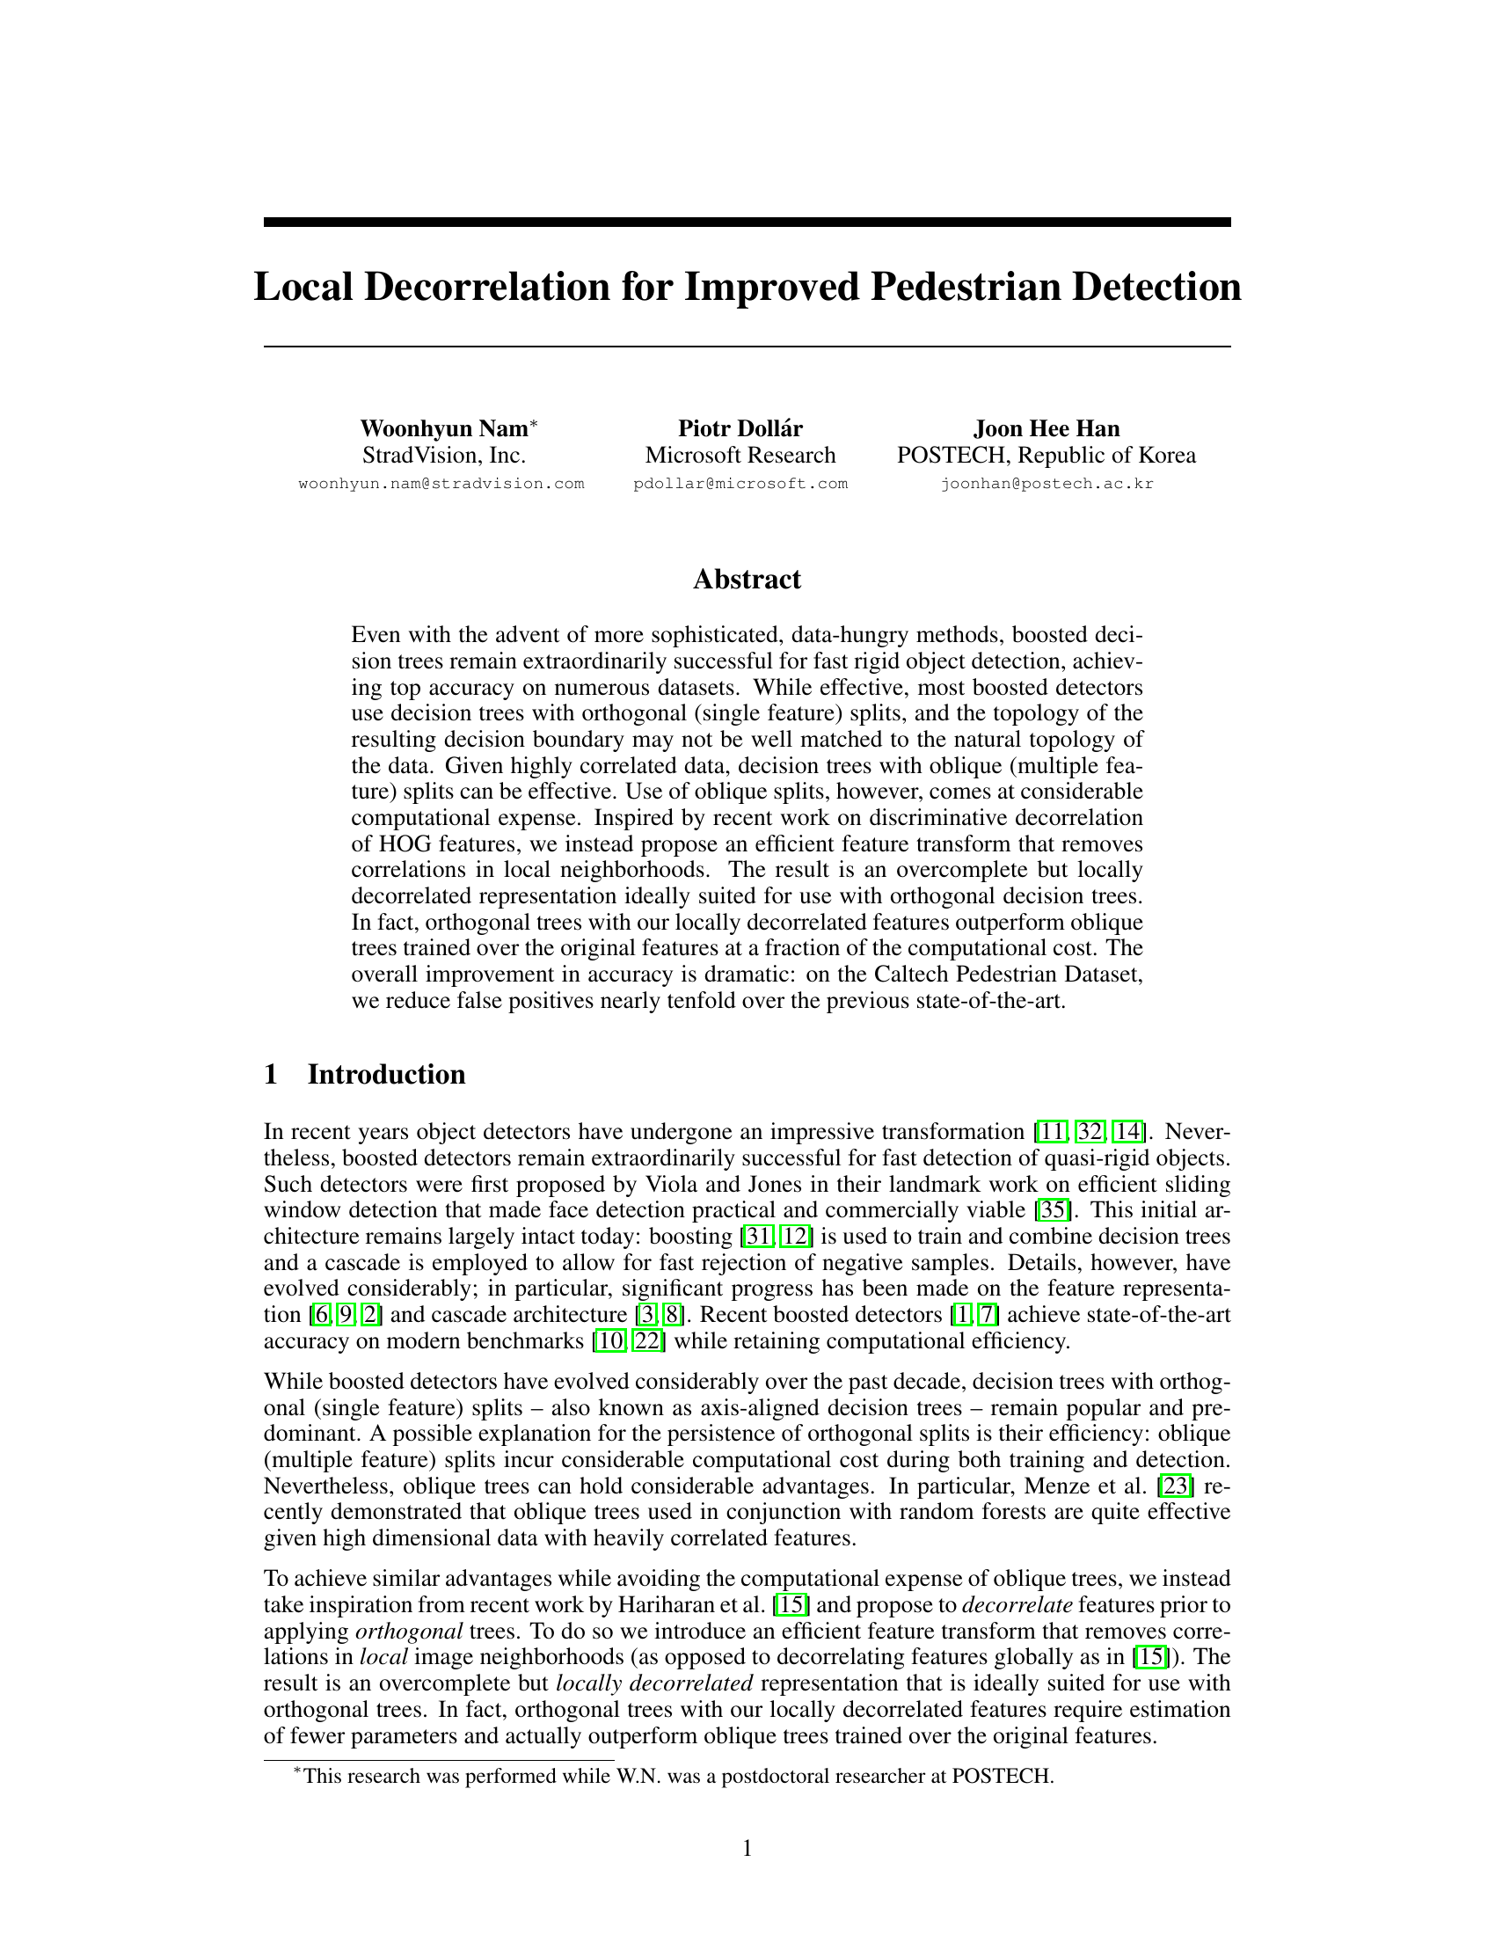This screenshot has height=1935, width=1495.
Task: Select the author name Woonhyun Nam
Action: pyautogui.click(x=443, y=429)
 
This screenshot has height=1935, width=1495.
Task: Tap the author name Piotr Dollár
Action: pyautogui.click(x=740, y=429)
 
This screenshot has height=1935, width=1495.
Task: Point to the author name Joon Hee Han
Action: pyautogui.click(x=1046, y=429)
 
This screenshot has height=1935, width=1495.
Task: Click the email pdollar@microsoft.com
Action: pyautogui.click(x=740, y=484)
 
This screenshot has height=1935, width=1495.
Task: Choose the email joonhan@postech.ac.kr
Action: pyautogui.click(x=1046, y=484)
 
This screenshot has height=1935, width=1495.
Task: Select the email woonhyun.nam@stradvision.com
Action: pyautogui.click(x=441, y=484)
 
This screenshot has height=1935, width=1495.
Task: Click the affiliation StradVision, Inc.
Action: pyautogui.click(x=444, y=456)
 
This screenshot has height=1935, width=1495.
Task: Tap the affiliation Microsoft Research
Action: pyautogui.click(x=740, y=456)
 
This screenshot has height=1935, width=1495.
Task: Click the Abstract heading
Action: pyautogui.click(x=747, y=580)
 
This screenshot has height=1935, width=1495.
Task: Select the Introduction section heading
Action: pyautogui.click(x=386, y=1075)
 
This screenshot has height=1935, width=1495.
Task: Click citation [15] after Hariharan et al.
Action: pyautogui.click(x=789, y=1605)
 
